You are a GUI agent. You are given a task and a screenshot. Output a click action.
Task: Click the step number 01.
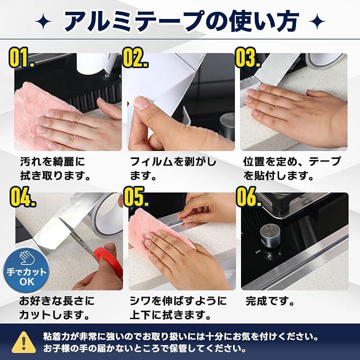(21, 58)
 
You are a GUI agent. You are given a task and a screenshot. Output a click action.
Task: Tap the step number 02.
(135, 57)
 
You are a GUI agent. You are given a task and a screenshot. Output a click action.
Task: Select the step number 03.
(247, 57)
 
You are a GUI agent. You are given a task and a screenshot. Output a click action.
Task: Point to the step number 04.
(22, 197)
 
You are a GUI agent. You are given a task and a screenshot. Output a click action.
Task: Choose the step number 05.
(136, 197)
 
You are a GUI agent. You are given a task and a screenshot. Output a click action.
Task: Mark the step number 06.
(249, 197)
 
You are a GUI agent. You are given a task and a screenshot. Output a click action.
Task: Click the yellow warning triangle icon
(23, 342)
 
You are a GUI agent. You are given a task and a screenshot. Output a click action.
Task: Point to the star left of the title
(43, 21)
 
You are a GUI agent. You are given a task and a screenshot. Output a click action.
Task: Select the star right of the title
(317, 21)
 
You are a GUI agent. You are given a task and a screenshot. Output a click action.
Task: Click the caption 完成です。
(270, 301)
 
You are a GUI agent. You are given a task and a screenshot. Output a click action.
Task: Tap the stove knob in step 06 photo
(270, 234)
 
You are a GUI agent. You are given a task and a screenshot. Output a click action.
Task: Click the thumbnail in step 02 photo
(142, 103)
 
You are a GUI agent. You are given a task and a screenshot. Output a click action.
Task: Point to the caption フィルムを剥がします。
(173, 169)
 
